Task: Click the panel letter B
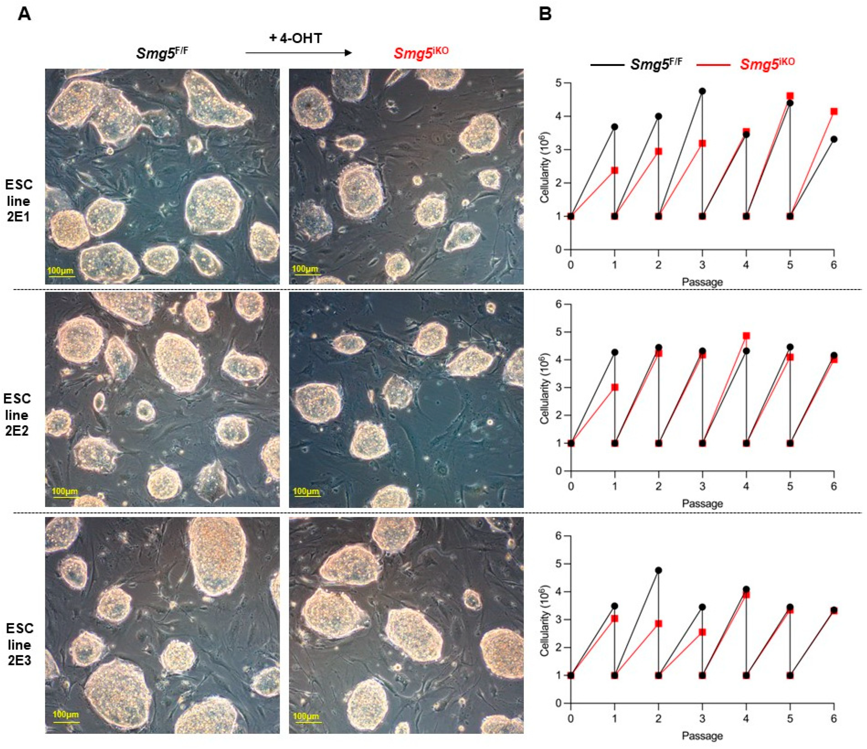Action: [x=545, y=15]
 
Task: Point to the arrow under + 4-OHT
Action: [x=298, y=53]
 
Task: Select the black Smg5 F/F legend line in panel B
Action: [x=607, y=65]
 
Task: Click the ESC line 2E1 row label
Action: [x=19, y=201]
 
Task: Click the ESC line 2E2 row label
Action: [x=18, y=415]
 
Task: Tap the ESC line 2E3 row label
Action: [x=19, y=645]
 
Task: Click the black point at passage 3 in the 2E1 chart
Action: [x=702, y=91]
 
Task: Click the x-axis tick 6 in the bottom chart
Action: [x=833, y=718]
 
